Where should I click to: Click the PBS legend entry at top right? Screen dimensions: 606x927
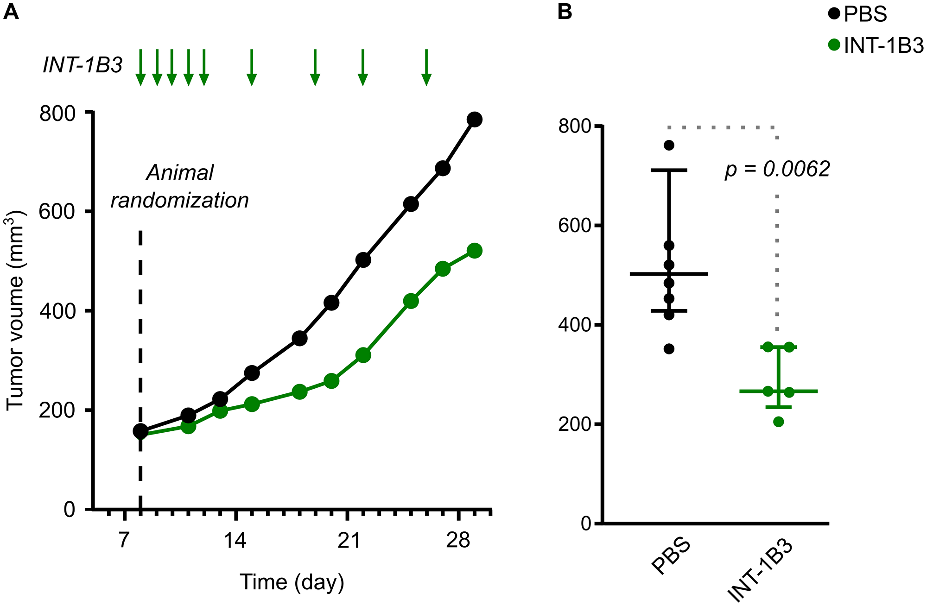(857, 14)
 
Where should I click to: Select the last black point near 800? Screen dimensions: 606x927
(474, 120)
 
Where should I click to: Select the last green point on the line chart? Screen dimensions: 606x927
(474, 251)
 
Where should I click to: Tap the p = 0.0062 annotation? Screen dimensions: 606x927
(777, 170)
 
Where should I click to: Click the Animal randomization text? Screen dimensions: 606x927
(180, 186)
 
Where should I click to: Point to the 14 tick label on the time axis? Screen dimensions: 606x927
(235, 540)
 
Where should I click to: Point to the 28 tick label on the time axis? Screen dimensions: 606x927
(458, 540)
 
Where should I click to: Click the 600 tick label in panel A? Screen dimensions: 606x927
(57, 212)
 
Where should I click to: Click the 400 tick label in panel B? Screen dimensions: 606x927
(575, 325)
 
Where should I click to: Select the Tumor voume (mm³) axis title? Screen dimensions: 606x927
(16, 310)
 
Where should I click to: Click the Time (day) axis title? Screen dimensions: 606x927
(292, 582)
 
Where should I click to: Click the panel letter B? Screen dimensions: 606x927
(565, 11)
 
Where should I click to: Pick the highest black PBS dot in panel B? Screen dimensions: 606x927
(669, 145)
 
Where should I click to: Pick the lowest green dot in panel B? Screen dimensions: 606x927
(779, 422)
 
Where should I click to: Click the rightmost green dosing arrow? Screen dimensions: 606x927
(426, 68)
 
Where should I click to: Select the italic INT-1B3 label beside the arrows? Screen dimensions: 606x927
(83, 65)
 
